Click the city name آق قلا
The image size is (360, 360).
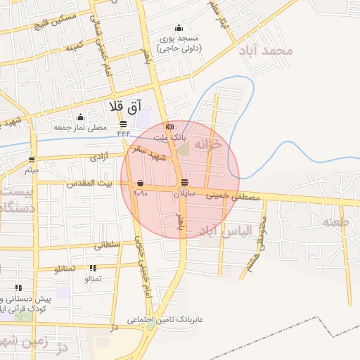click(125, 106)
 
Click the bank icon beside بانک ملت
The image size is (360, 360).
click(169, 127)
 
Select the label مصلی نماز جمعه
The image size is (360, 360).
click(80, 127)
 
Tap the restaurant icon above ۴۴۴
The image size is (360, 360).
click(124, 124)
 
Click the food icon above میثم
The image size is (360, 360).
click(32, 160)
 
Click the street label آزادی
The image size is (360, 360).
click(98, 158)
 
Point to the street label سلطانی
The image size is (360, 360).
click(108, 245)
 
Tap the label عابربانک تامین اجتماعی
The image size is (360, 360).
click(165, 320)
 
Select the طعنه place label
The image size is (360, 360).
click(335, 222)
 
